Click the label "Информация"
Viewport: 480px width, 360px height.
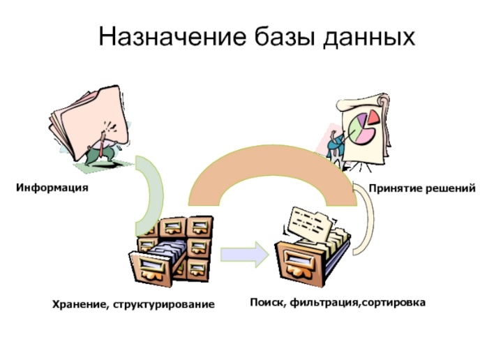tap(52, 188)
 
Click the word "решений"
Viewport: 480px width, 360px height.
tap(449, 188)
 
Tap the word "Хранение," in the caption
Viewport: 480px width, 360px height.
tap(79, 304)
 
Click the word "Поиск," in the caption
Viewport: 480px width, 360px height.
tap(268, 303)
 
